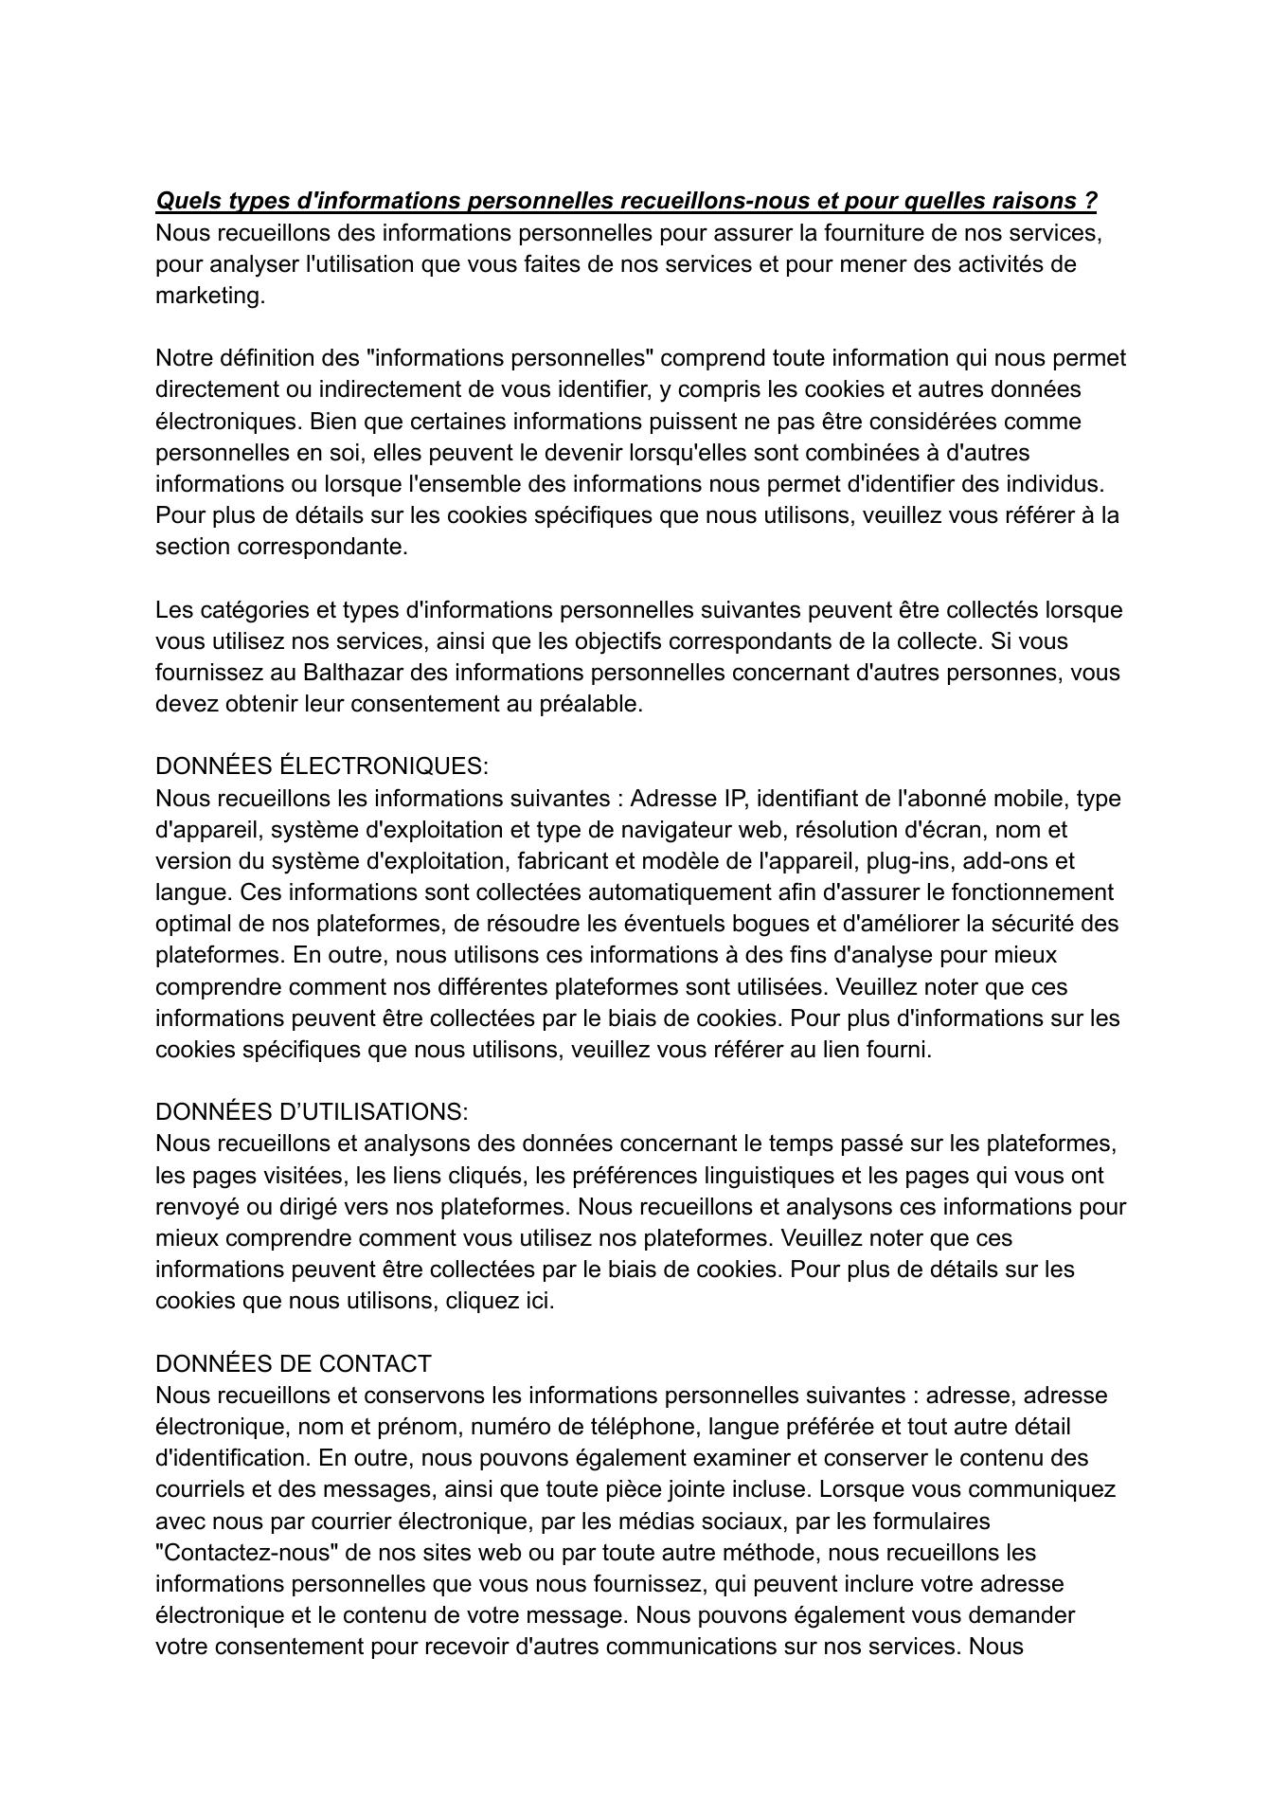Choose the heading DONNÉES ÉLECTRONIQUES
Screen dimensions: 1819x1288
pos(322,765)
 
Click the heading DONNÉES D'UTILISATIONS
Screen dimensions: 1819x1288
pos(312,1111)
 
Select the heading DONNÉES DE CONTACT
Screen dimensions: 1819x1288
pos(294,1363)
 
